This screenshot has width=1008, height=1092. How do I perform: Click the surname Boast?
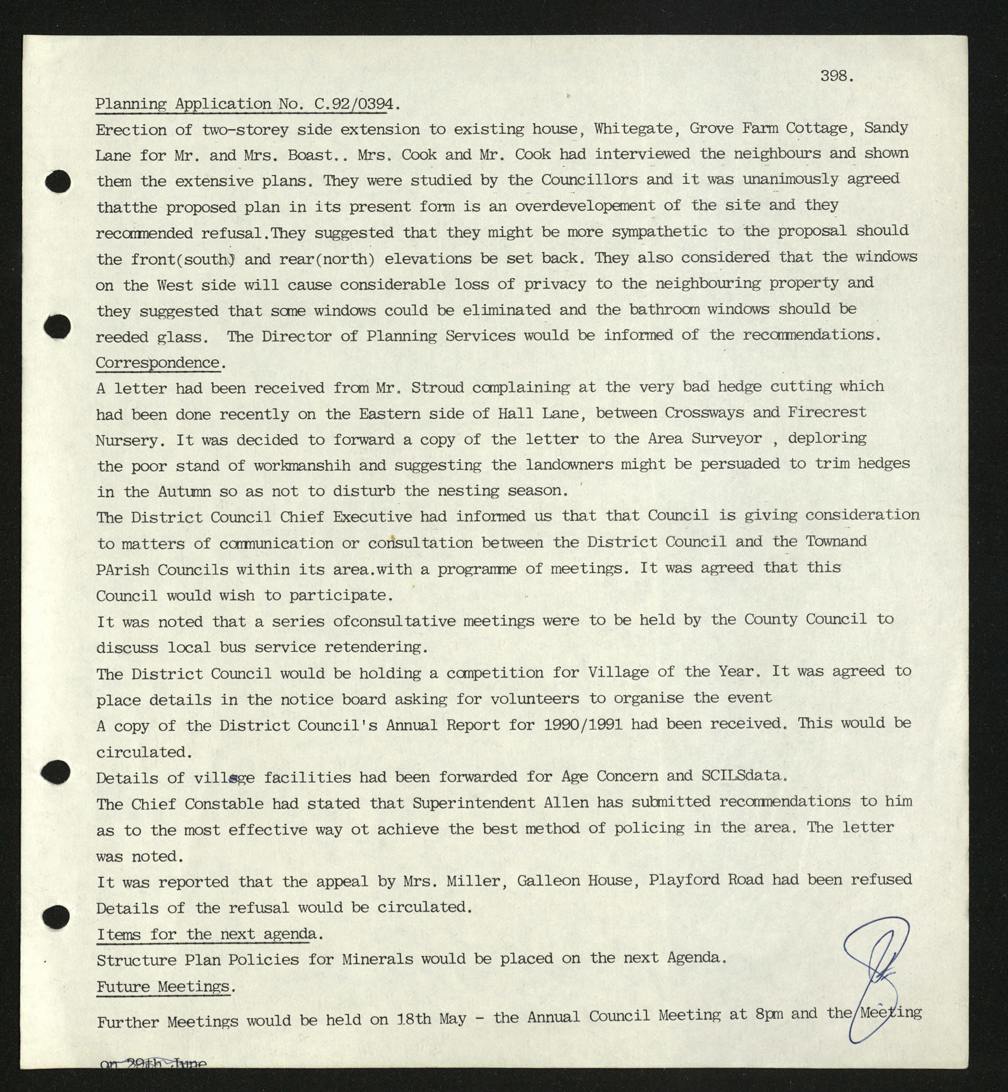310,155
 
